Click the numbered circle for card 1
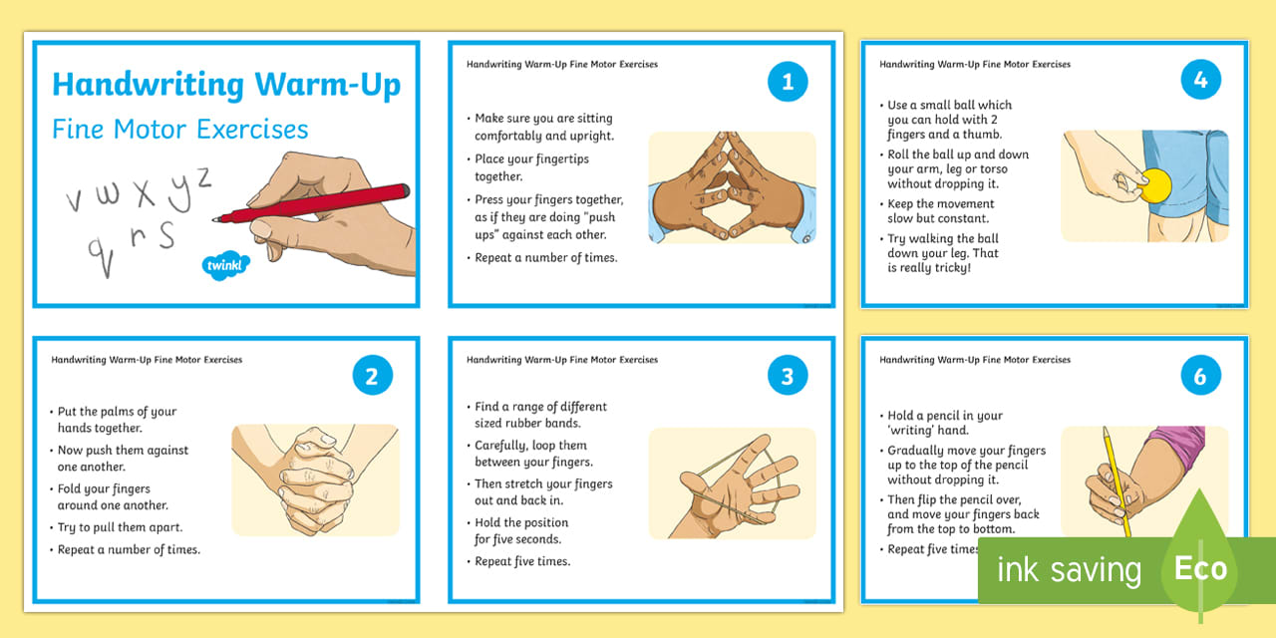tap(788, 82)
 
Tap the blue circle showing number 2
tap(372, 377)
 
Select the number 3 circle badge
tap(788, 377)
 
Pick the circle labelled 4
tap(1200, 80)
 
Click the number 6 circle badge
tap(1200, 377)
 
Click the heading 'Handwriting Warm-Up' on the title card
tap(226, 86)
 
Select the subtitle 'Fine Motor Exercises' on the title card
tap(180, 130)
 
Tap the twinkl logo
tap(226, 265)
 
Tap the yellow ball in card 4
tap(1157, 185)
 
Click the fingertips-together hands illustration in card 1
tap(732, 187)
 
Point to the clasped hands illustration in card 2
tap(315, 479)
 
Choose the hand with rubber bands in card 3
tap(732, 483)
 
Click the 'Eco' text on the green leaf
tap(1199, 569)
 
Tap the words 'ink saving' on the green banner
tap(1069, 570)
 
